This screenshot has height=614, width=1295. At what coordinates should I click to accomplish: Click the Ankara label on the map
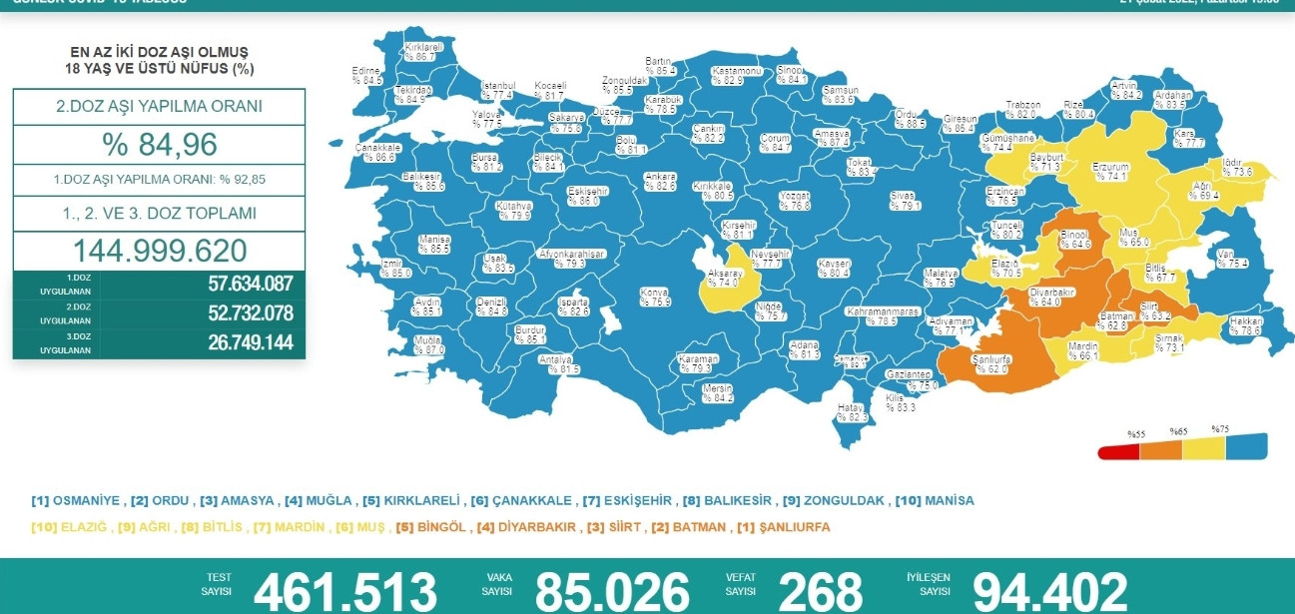(x=660, y=181)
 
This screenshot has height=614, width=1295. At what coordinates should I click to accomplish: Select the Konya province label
(x=654, y=297)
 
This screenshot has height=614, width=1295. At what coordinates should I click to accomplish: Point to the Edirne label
(x=367, y=75)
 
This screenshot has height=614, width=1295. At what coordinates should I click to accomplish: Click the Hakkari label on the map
(x=1246, y=325)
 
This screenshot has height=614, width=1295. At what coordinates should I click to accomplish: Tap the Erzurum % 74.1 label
(x=1110, y=172)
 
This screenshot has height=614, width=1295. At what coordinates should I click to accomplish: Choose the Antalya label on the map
(x=556, y=363)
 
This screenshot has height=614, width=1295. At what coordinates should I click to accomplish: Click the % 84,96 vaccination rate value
(x=159, y=145)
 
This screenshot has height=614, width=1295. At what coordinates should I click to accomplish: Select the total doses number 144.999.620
(x=159, y=250)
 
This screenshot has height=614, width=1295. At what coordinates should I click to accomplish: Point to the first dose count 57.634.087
(x=250, y=285)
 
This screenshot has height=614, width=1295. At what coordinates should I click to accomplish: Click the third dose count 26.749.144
(x=250, y=342)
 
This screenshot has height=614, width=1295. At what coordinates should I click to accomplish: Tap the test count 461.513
(x=344, y=591)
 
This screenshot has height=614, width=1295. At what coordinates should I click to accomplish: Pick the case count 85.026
(x=611, y=591)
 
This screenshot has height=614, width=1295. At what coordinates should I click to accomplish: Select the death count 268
(x=820, y=591)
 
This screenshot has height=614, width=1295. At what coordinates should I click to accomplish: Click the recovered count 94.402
(x=1049, y=591)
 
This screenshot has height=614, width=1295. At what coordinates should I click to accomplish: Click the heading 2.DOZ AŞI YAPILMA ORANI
(x=159, y=106)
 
